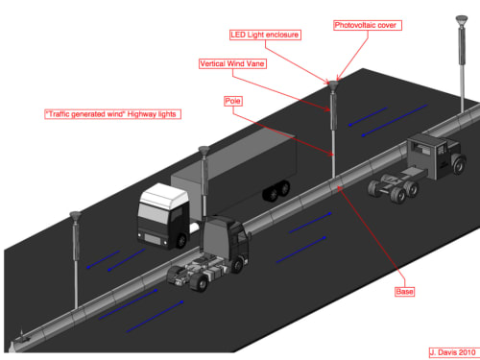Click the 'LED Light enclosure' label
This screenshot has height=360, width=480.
tap(265, 35)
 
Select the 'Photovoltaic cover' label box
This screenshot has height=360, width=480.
tap(368, 25)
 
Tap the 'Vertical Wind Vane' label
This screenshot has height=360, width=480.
tap(232, 63)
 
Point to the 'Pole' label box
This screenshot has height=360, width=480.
tap(232, 101)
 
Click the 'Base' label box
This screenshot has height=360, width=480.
tap(404, 292)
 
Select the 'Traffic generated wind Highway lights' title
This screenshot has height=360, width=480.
tap(112, 114)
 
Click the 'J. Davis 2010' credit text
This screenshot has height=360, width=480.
tap(453, 352)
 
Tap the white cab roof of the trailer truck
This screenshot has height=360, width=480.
tap(164, 194)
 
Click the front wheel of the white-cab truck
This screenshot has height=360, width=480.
tap(181, 240)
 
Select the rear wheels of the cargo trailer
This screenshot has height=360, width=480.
tap(276, 191)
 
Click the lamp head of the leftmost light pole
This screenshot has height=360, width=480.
tap(75, 216)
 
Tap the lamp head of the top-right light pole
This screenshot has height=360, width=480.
tap(462, 21)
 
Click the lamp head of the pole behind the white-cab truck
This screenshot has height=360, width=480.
tap(204, 151)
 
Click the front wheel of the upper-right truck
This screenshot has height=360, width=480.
tap(459, 164)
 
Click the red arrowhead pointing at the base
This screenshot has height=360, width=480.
tap(340, 189)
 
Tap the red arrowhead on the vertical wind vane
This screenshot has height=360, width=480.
tap(327, 109)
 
